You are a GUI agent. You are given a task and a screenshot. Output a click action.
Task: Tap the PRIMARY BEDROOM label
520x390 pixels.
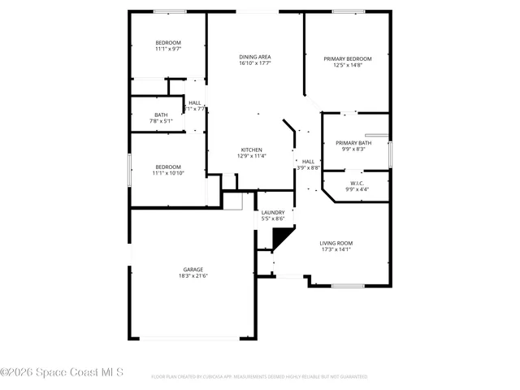(x=348, y=58)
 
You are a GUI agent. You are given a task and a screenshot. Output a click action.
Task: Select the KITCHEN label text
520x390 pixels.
(x=251, y=149)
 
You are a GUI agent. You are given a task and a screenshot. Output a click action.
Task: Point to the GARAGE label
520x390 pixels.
(x=193, y=269)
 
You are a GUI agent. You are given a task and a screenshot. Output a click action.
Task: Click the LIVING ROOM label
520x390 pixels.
(x=336, y=243)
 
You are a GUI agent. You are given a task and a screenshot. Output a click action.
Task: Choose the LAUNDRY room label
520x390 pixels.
(x=272, y=212)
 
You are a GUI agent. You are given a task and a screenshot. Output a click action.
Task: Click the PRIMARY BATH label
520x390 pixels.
(x=353, y=143)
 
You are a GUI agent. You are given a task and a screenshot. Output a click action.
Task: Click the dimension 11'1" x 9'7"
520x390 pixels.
(x=168, y=49)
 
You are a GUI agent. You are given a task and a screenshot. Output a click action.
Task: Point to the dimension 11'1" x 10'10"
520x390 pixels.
(x=168, y=172)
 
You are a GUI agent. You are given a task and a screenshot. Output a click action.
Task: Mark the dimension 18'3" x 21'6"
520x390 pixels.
(x=193, y=275)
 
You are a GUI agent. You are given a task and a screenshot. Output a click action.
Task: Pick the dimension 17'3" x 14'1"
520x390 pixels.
(x=336, y=249)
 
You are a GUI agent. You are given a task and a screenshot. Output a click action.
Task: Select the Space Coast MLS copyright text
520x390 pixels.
(x=63, y=373)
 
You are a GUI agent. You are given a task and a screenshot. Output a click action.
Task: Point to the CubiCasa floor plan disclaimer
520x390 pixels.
(x=259, y=377)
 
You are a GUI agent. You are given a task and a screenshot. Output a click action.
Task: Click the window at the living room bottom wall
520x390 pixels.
(x=347, y=285)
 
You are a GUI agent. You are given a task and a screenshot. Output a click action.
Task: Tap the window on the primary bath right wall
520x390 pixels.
(x=391, y=154)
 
